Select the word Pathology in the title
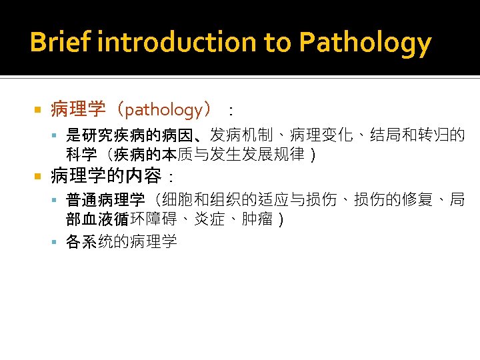365,43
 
